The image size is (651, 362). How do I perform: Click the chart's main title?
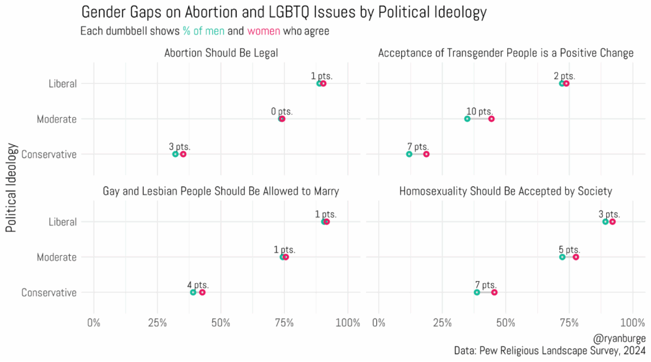[x=283, y=12]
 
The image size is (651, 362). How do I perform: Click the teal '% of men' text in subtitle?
[x=204, y=31]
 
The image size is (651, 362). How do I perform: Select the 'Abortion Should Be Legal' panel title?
[x=221, y=53]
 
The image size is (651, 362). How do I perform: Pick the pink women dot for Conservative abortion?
[x=183, y=154]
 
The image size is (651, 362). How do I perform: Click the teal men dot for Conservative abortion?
[x=175, y=154]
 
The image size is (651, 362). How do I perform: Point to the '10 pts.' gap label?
[x=480, y=112]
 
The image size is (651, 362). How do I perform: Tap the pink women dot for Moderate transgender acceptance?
[x=492, y=119]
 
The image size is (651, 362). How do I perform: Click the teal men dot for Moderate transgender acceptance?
[x=467, y=119]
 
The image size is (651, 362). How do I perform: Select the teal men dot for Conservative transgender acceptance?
[x=409, y=154]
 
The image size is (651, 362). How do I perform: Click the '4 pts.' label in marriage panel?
[x=198, y=285]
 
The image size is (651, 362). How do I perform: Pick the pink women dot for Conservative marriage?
[x=202, y=292]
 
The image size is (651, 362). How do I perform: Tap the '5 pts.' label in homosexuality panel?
[x=569, y=250]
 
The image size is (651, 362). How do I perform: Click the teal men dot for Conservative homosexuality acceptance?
[x=477, y=292]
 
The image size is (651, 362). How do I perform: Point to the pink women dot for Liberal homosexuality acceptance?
[x=613, y=222]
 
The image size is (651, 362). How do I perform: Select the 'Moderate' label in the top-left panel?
[x=57, y=119]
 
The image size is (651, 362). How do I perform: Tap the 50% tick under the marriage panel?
[x=221, y=322]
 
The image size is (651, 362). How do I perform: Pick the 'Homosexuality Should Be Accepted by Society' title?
[x=506, y=191]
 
